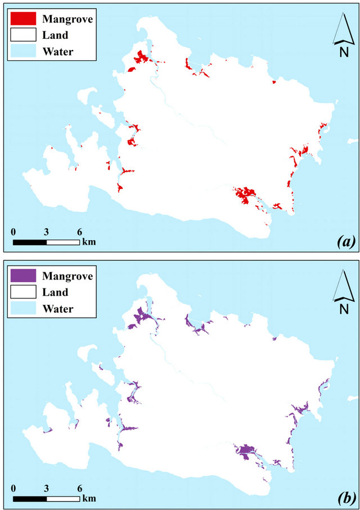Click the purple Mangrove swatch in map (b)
click(x=23, y=276)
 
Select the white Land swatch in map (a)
click(x=23, y=35)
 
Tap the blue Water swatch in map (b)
click(x=23, y=309)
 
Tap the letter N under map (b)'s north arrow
click(x=343, y=309)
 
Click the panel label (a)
click(x=344, y=242)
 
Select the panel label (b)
click(x=344, y=498)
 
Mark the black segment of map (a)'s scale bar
click(x=30, y=242)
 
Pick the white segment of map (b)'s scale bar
click(x=63, y=499)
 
